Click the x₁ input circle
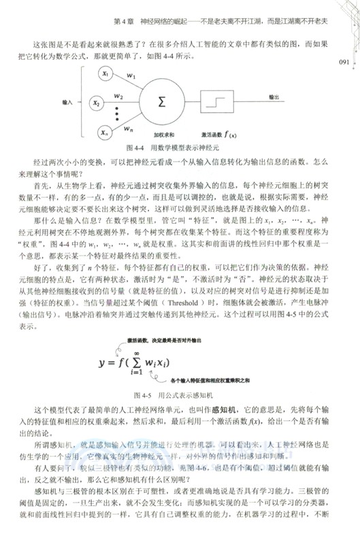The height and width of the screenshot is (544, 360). coord(104,73)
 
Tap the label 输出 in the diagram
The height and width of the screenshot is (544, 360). coord(275,97)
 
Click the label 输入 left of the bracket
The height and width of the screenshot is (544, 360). coord(67,102)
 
